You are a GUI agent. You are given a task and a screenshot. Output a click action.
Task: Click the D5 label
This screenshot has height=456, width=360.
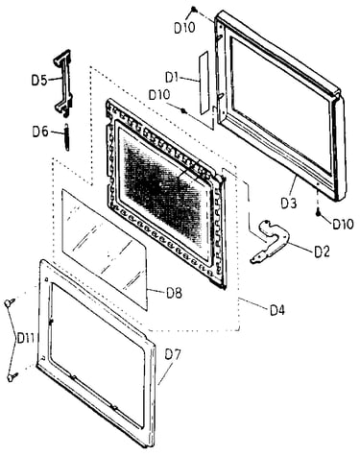pos(39,80)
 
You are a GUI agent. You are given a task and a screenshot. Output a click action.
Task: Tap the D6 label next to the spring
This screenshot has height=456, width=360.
pos(40,132)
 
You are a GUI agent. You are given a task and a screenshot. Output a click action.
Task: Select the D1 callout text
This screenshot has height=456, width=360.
pos(172,77)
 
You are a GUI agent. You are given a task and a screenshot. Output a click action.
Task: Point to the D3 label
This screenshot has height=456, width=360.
pos(289,204)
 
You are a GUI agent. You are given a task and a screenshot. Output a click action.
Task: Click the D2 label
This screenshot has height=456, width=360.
pos(322,252)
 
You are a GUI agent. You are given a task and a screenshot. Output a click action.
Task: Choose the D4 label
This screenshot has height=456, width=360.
pos(276,310)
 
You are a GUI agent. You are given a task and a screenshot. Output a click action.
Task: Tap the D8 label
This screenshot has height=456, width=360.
pos(174,293)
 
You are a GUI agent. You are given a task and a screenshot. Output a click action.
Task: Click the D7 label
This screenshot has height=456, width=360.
pos(173,354)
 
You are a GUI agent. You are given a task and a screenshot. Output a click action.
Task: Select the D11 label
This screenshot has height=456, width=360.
pos(26,338)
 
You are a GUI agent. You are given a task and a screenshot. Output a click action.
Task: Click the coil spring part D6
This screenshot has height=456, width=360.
pos(66,137)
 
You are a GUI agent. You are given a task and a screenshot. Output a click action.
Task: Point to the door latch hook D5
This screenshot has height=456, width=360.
pos(63,82)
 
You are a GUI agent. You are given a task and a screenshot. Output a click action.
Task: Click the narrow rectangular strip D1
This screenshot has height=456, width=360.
pos(204,82)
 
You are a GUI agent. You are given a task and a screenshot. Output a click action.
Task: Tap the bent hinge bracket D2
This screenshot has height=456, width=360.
pos(271,241)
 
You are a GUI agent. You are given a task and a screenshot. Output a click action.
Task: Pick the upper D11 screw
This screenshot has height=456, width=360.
pos(10,301)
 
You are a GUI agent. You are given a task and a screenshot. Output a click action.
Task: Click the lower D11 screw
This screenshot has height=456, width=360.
pos(12,377)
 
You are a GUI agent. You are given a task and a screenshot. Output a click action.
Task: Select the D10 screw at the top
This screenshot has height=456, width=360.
pos(194,11)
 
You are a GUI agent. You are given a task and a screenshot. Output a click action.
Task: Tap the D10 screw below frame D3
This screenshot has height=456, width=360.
pos(319,212)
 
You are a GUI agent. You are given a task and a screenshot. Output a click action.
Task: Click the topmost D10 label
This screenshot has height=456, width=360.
pos(184,28)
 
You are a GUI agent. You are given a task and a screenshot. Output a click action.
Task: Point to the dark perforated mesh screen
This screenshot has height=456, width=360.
pos(163,184)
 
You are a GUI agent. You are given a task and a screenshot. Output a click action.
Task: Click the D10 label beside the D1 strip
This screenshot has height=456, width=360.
pos(159,95)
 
